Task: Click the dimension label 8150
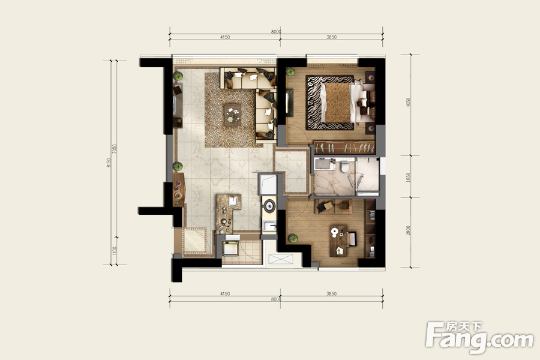pos(109,163)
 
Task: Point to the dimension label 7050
pos(115,149)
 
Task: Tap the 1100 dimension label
pos(115,251)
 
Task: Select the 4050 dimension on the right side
pos(408,103)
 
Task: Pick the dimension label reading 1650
pos(408,177)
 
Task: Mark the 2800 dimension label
pos(408,230)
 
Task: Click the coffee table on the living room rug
pos(232,115)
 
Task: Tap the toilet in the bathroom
pos(345,167)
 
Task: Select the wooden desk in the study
pos(338,241)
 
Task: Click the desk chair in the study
pos(352,239)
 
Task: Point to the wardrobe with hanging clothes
pos(344,148)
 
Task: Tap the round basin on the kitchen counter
pos(269,206)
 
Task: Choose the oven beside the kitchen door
pos(230,248)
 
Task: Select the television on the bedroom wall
pos(289,103)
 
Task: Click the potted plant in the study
pos(293,238)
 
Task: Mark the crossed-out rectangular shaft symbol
pos(281,259)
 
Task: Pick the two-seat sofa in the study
pos(333,206)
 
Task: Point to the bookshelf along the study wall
pos(370,229)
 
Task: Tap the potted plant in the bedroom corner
pos(290,71)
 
